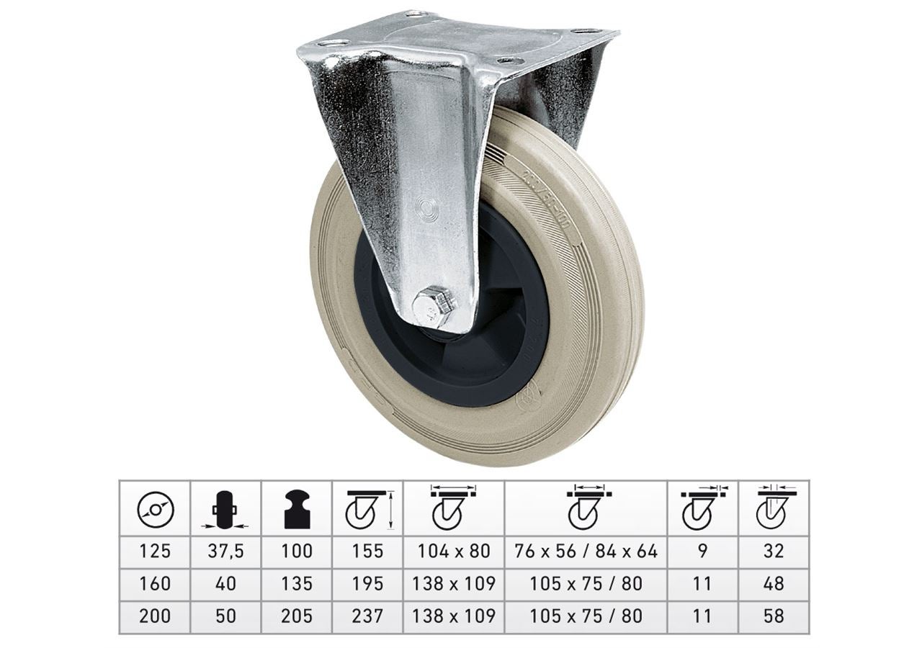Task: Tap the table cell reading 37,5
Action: pos(225,552)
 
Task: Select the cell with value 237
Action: pos(367,616)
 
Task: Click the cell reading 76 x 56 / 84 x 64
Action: pos(586,552)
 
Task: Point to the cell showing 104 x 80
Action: pos(454,552)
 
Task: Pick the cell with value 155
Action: pos(367,552)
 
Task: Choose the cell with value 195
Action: pos(367,584)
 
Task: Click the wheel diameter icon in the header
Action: pos(155,510)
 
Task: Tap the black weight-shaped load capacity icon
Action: pos(297,508)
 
